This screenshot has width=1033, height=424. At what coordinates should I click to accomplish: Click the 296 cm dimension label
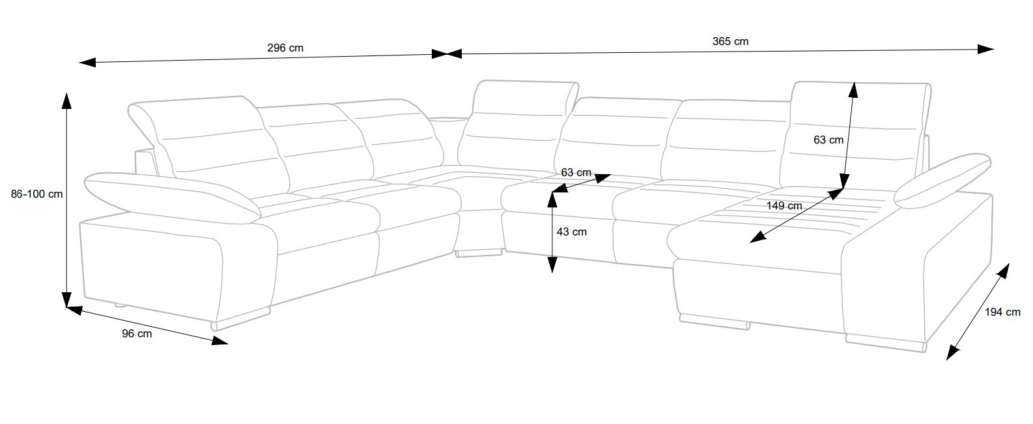click(x=285, y=48)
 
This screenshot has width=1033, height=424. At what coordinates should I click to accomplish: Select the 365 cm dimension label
click(x=730, y=41)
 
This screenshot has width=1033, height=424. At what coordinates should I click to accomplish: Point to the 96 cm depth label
click(x=137, y=334)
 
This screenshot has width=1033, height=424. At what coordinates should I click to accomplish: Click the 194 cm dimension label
click(x=1002, y=312)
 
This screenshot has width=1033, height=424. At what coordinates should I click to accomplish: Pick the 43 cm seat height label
click(x=572, y=232)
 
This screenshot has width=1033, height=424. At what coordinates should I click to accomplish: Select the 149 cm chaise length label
click(x=784, y=205)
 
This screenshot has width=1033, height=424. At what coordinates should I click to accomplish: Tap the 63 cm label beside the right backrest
click(x=828, y=140)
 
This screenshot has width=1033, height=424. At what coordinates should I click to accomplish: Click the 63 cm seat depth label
click(x=576, y=173)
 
